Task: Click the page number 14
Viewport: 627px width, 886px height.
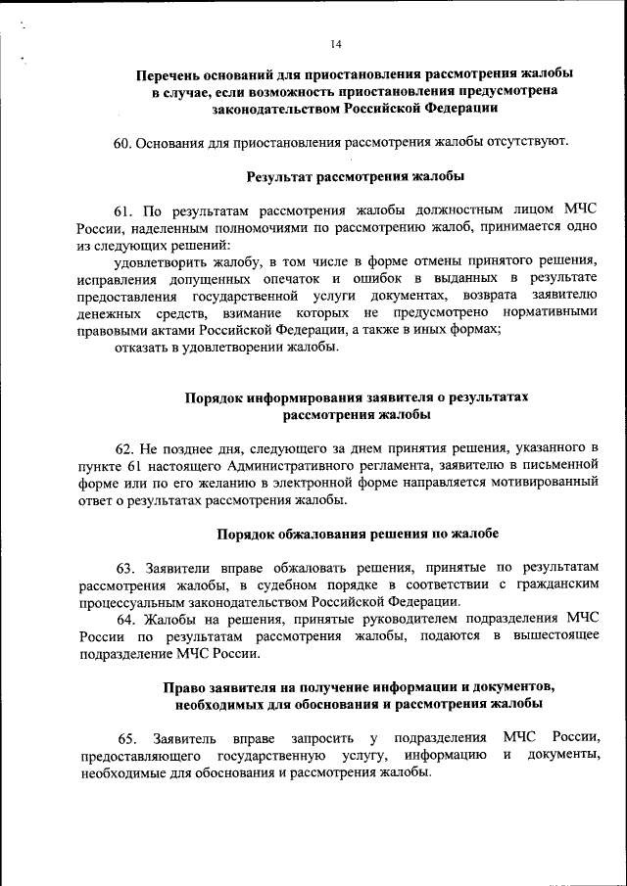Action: click(336, 45)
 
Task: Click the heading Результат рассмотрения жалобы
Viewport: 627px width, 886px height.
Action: click(341, 176)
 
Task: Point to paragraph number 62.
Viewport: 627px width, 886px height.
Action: click(124, 447)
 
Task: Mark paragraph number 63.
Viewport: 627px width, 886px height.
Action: click(124, 568)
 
